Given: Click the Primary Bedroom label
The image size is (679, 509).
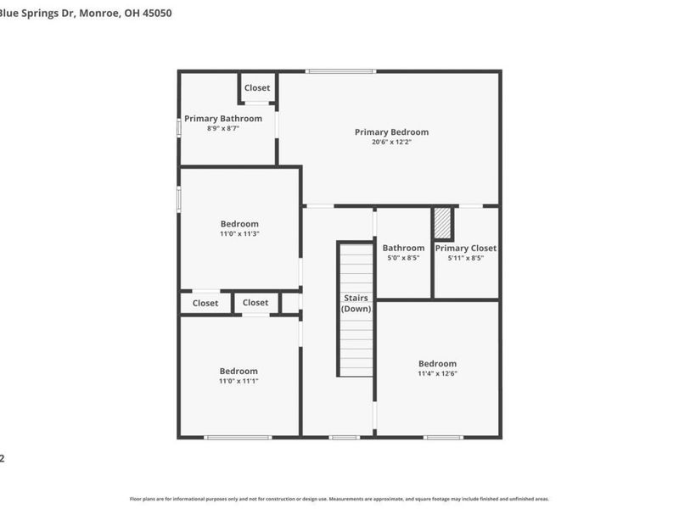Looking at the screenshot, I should click(x=391, y=131).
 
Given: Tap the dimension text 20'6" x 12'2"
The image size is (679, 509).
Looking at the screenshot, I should click(x=391, y=143).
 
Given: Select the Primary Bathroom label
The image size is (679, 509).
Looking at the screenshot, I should click(x=223, y=118).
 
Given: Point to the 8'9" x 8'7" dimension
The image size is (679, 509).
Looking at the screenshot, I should click(x=223, y=129).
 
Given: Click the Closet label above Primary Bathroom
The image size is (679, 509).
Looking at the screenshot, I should click(x=257, y=87).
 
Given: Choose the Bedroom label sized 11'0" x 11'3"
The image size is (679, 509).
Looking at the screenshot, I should click(x=238, y=224).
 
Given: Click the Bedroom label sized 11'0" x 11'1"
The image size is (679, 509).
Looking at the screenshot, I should click(x=238, y=371).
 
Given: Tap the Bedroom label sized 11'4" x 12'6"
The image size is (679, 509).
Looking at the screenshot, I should click(x=437, y=363).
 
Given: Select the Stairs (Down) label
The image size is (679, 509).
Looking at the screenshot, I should click(x=356, y=303).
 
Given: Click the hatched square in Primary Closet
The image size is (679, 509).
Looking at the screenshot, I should click(x=442, y=224).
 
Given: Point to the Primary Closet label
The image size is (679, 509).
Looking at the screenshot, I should click(x=466, y=248).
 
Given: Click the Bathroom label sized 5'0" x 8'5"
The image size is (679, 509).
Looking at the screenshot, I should click(x=403, y=248).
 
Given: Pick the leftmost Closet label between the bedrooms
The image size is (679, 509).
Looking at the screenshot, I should click(x=205, y=303).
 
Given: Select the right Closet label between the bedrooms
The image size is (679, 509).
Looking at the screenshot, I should click(x=255, y=302).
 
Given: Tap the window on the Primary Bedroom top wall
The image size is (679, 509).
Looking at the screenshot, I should click(x=330, y=71).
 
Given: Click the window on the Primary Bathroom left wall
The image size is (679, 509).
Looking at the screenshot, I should click(x=178, y=127).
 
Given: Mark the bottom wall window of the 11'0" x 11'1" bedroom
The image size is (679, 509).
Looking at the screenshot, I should click(x=238, y=437).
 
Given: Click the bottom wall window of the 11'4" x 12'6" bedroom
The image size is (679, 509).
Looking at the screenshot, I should click(x=444, y=437).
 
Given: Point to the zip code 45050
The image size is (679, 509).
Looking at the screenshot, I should click(x=155, y=14).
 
